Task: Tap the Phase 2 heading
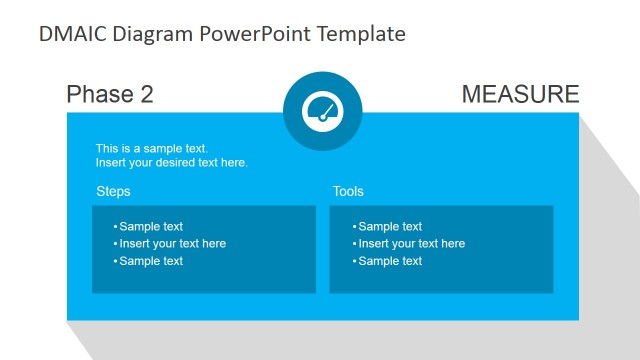110,95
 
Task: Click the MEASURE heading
520,95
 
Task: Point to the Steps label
113,191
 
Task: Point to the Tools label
348,191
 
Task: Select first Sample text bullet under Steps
151,227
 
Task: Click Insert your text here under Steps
172,244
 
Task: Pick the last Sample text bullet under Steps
151,261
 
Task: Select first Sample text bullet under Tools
390,227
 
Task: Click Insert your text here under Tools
411,244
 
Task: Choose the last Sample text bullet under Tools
390,261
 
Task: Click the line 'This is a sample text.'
152,148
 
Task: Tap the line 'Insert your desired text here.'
172,162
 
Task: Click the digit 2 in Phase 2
146,95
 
